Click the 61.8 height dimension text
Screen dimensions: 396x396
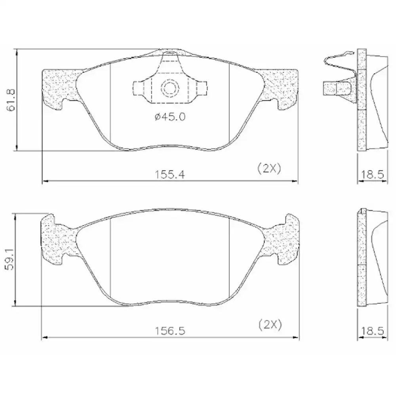tap(11, 100)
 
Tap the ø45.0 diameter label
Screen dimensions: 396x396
tap(170, 116)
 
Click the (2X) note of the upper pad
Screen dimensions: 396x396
tap(269, 168)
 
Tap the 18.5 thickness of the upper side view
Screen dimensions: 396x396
tap(372, 175)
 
